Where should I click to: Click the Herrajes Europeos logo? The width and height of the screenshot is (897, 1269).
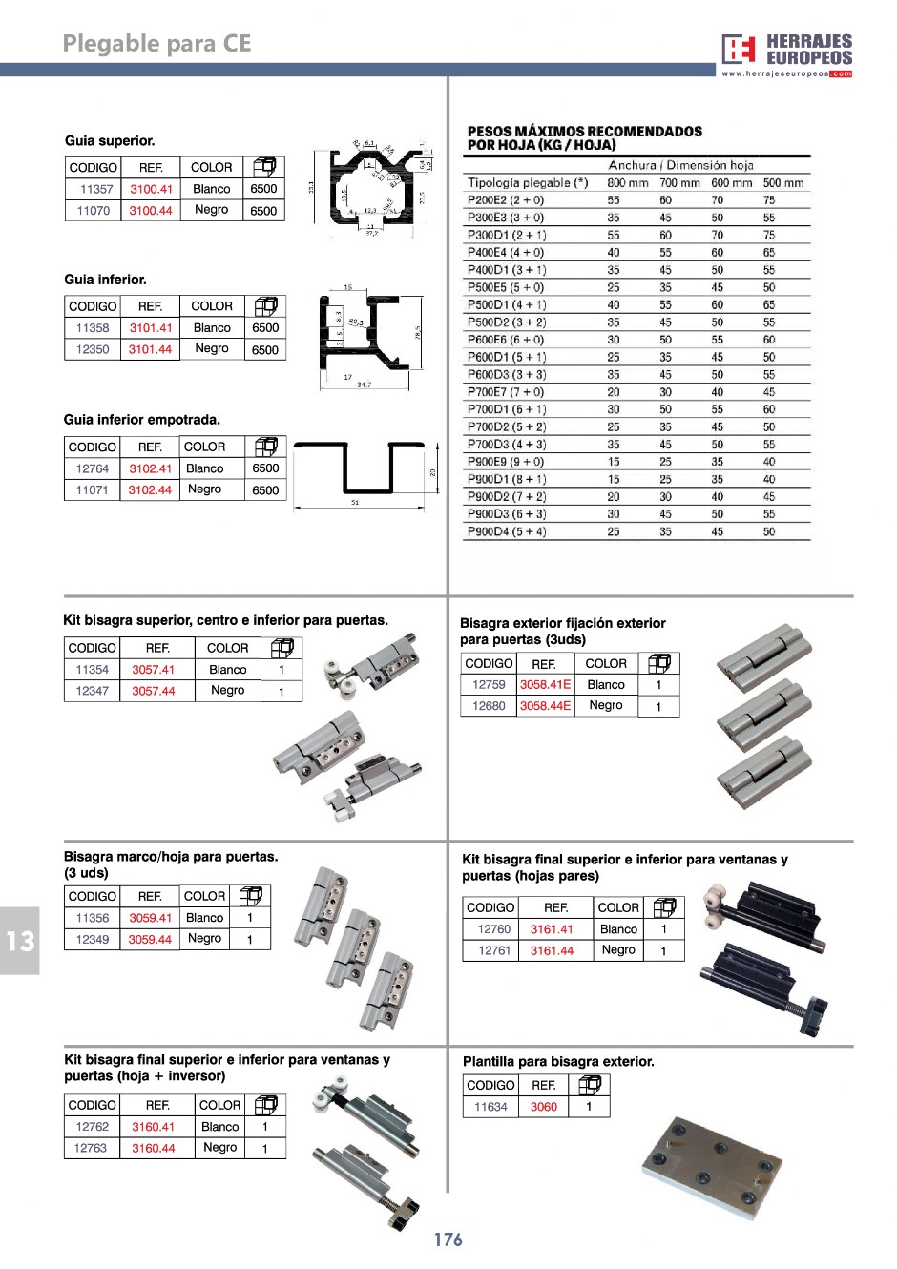point(786,53)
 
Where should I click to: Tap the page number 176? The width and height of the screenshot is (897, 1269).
point(448,1239)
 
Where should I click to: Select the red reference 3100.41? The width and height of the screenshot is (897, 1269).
point(151,189)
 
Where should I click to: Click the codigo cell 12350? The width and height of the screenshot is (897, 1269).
point(93,349)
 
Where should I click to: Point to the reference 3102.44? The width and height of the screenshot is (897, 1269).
point(150,490)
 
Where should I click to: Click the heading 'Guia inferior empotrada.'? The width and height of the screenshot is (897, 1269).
point(142,420)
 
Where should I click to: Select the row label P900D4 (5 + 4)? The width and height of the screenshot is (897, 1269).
point(507,531)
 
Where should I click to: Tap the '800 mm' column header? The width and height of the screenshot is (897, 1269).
point(627,182)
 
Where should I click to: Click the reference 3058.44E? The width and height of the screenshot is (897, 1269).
point(545,706)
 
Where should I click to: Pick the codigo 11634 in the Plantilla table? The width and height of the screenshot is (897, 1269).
point(490,1107)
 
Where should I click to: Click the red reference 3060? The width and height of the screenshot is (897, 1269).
point(543,1107)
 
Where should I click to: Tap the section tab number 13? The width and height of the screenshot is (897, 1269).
point(19,942)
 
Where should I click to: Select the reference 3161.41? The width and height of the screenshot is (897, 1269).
point(552,929)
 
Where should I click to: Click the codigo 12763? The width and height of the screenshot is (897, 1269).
point(91,1148)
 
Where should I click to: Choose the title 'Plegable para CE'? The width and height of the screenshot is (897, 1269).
point(156,44)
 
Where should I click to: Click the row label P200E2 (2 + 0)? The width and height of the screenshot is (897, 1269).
point(505,200)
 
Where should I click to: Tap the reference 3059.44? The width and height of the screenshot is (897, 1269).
point(150,940)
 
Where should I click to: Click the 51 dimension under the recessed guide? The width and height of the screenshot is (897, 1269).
point(355,503)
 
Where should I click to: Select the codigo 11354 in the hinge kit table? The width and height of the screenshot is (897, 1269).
point(92,670)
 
